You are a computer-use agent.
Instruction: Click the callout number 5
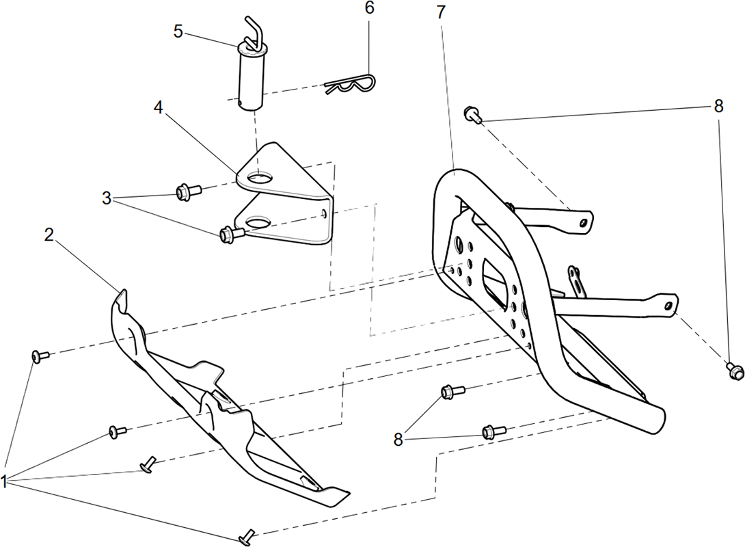pyautogui.click(x=178, y=32)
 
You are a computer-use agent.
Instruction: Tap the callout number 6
pyautogui.click(x=369, y=8)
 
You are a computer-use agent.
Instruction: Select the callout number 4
pyautogui.click(x=158, y=107)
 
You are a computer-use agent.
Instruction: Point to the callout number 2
pyautogui.click(x=49, y=235)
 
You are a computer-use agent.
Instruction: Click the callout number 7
pyautogui.click(x=442, y=12)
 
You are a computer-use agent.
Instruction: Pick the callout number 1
pyautogui.click(x=4, y=482)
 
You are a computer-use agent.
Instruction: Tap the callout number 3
pyautogui.click(x=107, y=198)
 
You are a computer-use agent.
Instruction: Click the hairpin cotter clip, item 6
pyautogui.click(x=351, y=84)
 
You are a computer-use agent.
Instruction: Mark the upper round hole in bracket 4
pyautogui.click(x=260, y=178)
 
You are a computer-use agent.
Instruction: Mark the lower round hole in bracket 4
pyautogui.click(x=257, y=222)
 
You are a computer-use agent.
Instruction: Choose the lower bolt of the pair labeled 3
pyautogui.click(x=232, y=233)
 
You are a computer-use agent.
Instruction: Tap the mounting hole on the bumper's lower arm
pyautogui.click(x=668, y=306)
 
